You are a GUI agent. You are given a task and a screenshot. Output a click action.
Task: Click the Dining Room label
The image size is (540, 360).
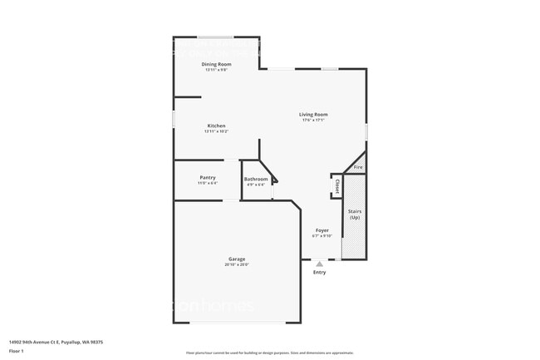(217, 64)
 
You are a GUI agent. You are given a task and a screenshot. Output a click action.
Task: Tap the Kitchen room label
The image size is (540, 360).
(217, 126)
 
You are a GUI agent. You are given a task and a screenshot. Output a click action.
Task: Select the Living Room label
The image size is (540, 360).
(314, 114)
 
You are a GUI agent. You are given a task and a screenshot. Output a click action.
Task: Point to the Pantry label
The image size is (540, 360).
(208, 177)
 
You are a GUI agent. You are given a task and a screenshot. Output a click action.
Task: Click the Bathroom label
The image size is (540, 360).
(256, 179)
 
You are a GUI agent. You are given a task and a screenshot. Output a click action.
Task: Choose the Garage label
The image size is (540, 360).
(237, 259)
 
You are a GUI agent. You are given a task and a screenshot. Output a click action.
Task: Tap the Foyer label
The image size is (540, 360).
(322, 230)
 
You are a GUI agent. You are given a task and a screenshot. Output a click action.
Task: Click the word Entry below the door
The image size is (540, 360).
(319, 273)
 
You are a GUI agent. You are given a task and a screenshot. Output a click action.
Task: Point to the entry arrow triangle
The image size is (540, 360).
(319, 264)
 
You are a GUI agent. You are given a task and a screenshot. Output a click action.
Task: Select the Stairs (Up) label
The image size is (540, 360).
(355, 215)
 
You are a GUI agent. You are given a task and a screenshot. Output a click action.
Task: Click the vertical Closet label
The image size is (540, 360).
(337, 188)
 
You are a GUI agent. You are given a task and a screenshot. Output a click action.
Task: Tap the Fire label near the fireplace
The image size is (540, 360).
(358, 168)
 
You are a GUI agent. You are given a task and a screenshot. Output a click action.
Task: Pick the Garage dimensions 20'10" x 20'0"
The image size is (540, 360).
(237, 265)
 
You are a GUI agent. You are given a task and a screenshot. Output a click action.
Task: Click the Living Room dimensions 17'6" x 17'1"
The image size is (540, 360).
(314, 120)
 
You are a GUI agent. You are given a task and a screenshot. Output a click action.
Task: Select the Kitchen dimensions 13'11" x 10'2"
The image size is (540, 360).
(217, 131)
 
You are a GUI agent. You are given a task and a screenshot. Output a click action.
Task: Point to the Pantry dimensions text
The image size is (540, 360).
(208, 183)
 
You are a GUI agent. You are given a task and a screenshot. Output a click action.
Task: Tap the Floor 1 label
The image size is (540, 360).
(17, 352)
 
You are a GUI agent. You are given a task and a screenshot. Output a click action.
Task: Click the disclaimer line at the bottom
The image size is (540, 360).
(270, 353)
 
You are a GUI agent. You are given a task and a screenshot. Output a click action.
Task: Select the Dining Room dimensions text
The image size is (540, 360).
(217, 70)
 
